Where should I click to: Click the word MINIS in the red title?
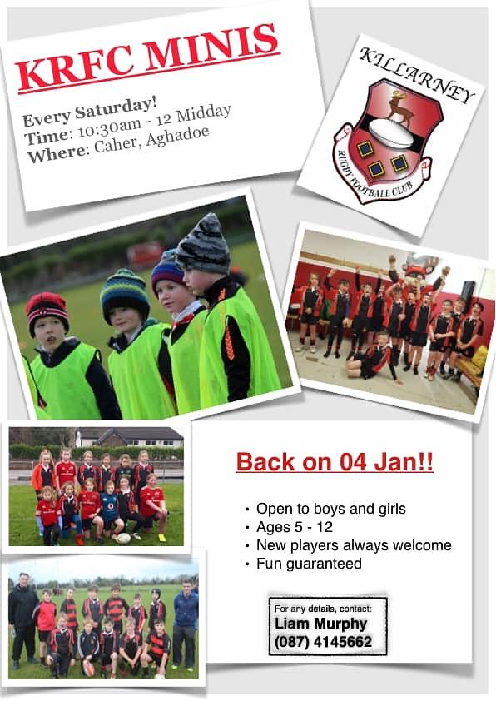(x=210, y=47)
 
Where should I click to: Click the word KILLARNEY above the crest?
(x=417, y=76)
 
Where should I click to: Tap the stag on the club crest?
(x=399, y=107)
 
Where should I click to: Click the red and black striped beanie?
(x=47, y=311)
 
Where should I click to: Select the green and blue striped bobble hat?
(x=125, y=293)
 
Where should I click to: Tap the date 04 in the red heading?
(x=353, y=462)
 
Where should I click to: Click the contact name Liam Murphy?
(x=321, y=624)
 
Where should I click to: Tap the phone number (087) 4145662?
(x=324, y=642)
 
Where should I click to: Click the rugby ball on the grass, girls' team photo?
(x=123, y=538)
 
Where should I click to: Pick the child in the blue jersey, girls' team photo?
(x=110, y=510)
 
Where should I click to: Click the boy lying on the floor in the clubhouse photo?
(x=374, y=359)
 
